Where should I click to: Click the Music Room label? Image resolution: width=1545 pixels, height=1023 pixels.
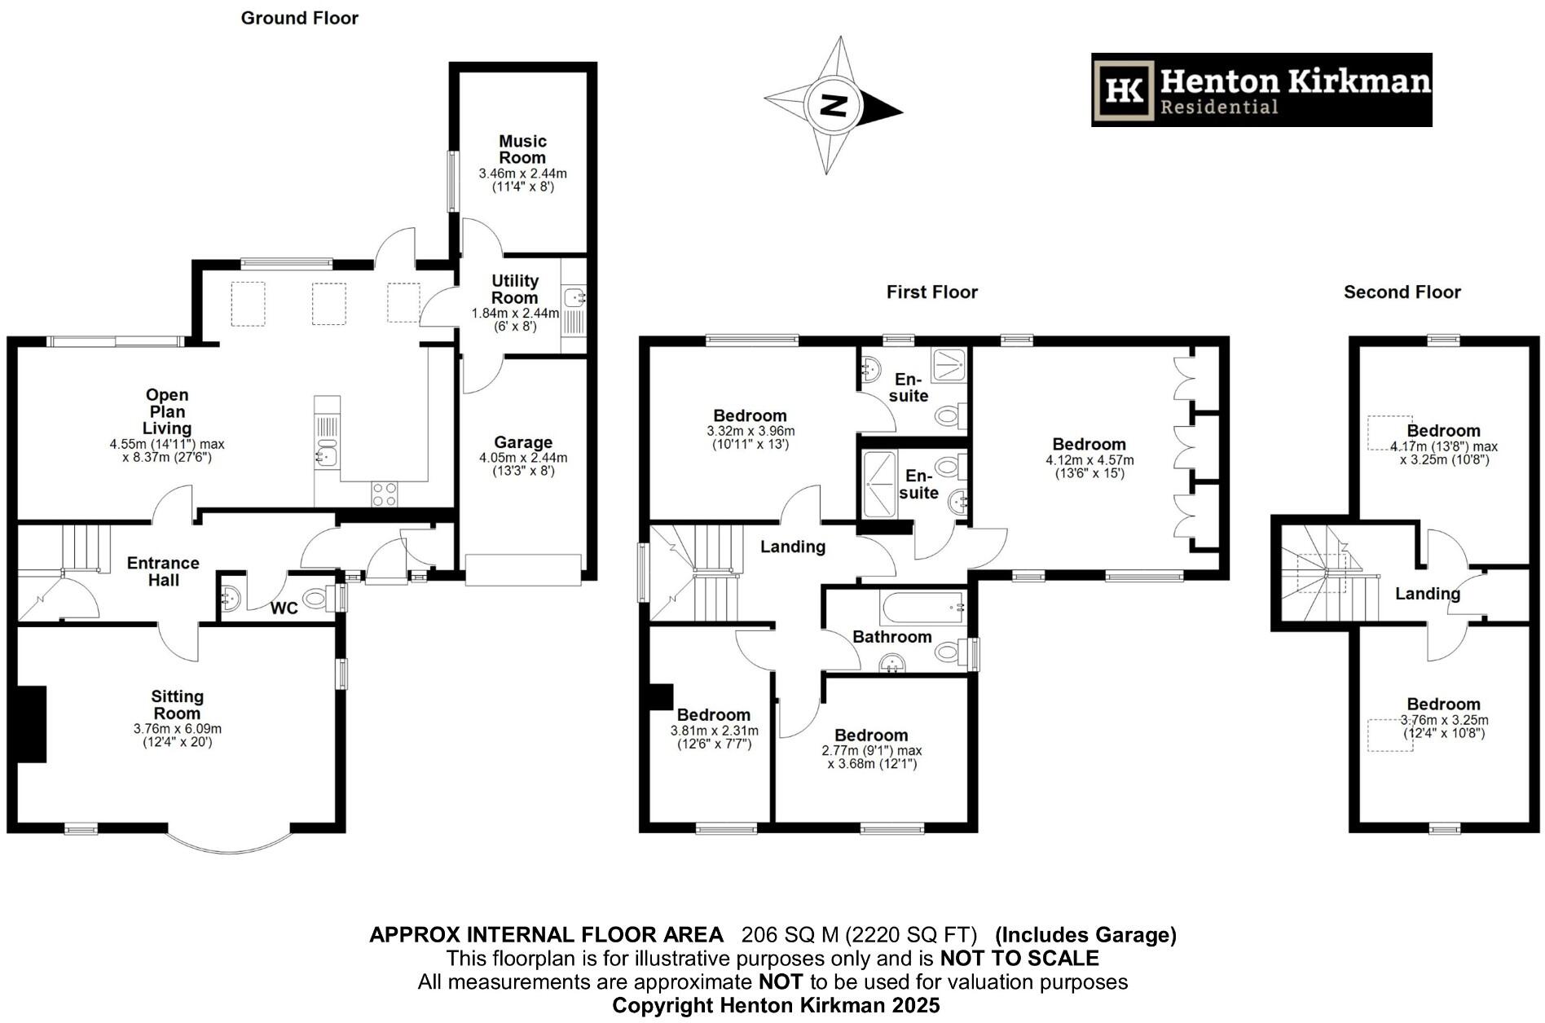(x=522, y=150)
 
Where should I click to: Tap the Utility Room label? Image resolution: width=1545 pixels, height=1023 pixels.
(x=515, y=289)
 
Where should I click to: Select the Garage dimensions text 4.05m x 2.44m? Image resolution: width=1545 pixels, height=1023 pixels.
(x=523, y=458)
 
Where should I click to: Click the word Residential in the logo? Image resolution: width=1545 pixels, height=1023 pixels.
(x=1219, y=107)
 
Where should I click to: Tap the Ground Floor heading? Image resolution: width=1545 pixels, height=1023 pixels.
(x=300, y=18)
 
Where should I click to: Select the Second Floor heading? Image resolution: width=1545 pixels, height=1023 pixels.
(x=1402, y=292)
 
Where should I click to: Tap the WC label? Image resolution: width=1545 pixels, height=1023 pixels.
(x=284, y=608)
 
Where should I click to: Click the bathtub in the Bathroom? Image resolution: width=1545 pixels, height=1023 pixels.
(x=923, y=608)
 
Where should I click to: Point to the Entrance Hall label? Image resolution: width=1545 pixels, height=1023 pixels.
(x=163, y=572)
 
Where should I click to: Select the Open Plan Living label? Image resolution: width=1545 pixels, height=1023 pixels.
(x=167, y=412)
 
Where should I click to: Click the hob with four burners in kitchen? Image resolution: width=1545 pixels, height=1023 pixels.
(x=385, y=494)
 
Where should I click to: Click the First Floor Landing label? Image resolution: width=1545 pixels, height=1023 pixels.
(x=793, y=547)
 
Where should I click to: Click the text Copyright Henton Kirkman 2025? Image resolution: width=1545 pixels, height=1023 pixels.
(x=776, y=1005)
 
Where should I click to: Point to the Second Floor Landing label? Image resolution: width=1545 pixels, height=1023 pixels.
(x=1428, y=594)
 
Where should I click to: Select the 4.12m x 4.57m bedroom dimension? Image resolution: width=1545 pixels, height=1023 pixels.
(x=1089, y=460)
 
